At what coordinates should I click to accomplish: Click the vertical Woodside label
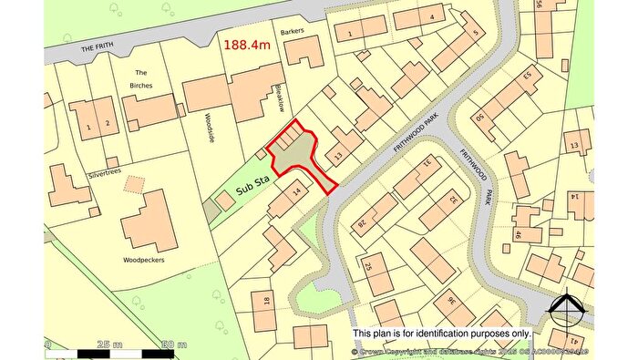pos(209,134)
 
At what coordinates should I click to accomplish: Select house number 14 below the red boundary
pos(297,192)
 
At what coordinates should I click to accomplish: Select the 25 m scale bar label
pos(108,345)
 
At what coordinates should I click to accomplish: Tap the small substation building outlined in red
pos(224,200)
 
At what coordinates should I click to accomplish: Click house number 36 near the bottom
pos(450,303)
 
